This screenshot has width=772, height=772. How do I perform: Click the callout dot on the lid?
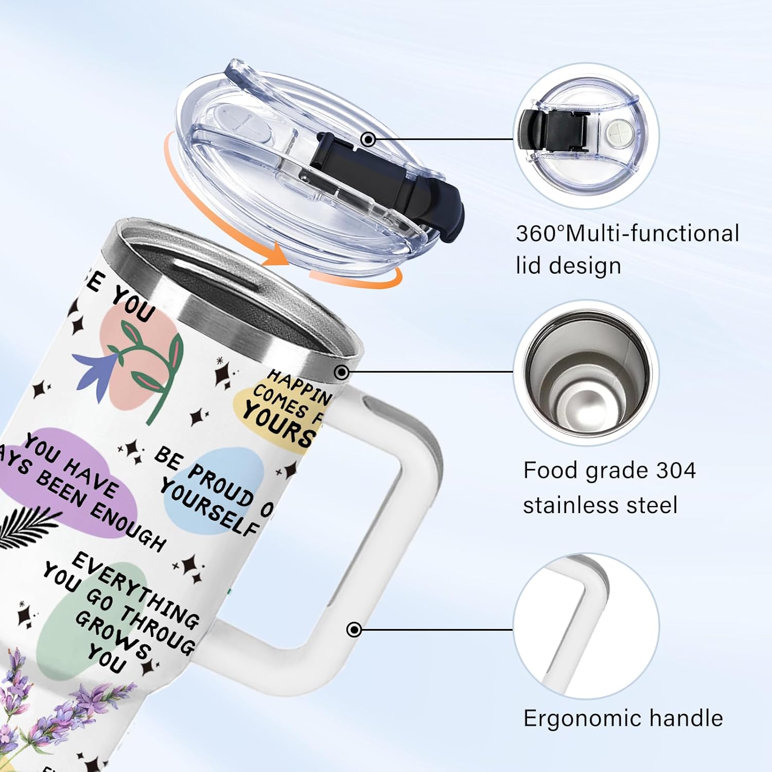pyautogui.click(x=368, y=139)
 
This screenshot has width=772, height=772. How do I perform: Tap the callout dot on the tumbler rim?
pyautogui.click(x=342, y=372)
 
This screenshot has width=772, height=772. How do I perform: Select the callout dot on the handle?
pyautogui.click(x=354, y=629)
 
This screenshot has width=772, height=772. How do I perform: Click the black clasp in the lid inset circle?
pyautogui.click(x=554, y=132)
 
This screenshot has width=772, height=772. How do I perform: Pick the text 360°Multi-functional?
pyautogui.click(x=627, y=234)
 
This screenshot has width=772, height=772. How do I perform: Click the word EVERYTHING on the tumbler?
pyautogui.click(x=136, y=590)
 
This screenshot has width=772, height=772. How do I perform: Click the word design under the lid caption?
pyautogui.click(x=585, y=266)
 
